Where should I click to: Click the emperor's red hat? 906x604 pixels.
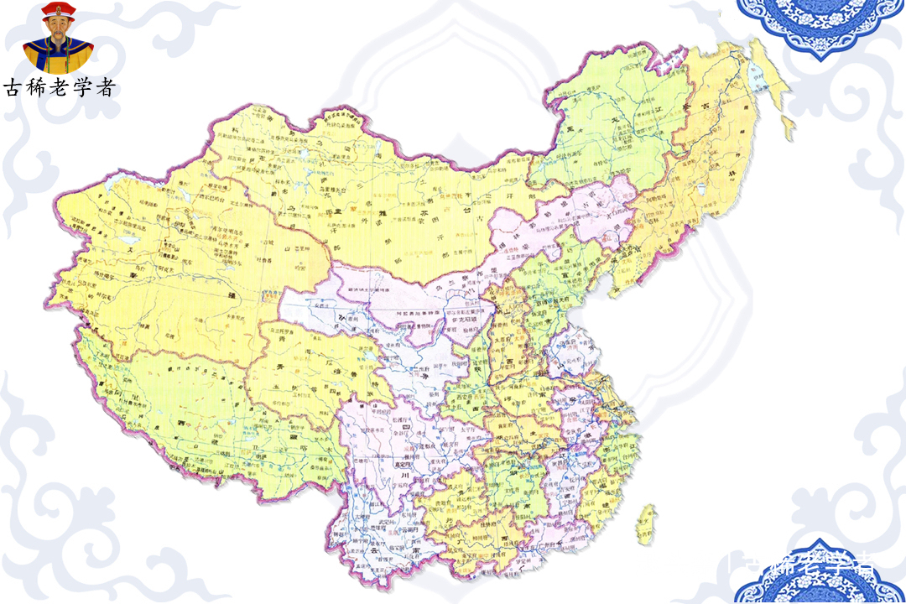(57, 12)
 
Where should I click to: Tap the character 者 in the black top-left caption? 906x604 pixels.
(105, 87)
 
